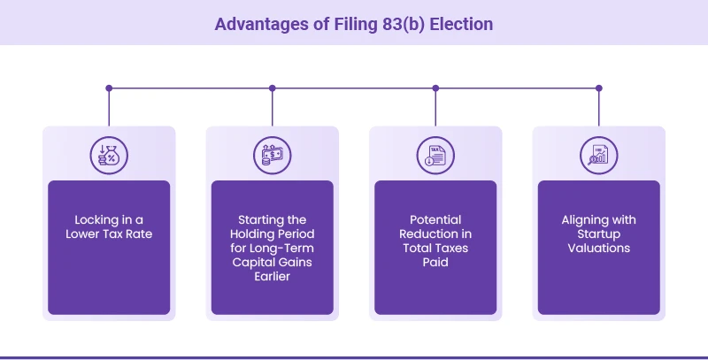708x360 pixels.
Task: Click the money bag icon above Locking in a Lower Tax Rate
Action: click(108, 154)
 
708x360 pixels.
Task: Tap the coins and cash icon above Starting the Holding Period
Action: click(272, 154)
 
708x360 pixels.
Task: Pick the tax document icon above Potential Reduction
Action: click(435, 154)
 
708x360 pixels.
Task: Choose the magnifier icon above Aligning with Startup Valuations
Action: click(598, 154)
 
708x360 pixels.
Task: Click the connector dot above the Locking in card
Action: click(109, 88)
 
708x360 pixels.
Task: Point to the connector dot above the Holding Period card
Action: click(273, 88)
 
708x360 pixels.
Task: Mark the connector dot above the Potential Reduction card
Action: click(435, 88)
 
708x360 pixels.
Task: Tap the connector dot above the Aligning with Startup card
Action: click(599, 88)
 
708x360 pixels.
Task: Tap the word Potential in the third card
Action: click(435, 219)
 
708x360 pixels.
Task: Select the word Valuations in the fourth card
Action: click(599, 248)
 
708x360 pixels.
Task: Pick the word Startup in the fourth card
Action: click(599, 234)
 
